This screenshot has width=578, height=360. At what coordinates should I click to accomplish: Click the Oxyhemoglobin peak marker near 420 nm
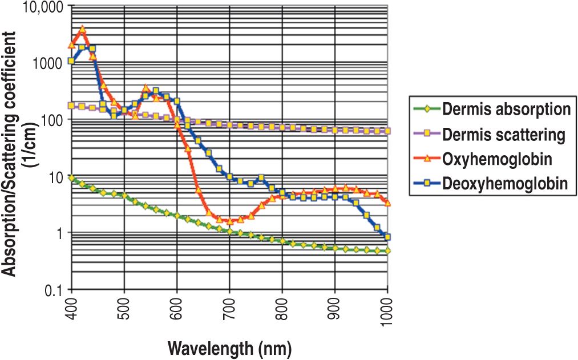coord(82,29)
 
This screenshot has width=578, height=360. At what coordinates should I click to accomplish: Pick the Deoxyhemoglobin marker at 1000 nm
coord(387,237)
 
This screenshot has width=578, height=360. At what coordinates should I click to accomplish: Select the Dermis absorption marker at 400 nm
coord(72,178)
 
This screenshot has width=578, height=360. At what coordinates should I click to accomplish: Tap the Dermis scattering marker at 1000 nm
coord(387,131)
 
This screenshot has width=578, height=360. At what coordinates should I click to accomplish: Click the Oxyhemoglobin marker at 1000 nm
coord(387,203)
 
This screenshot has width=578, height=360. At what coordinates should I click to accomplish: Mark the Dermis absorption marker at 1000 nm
coord(387,251)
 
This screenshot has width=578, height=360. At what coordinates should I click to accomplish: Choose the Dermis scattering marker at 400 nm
coord(72,106)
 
